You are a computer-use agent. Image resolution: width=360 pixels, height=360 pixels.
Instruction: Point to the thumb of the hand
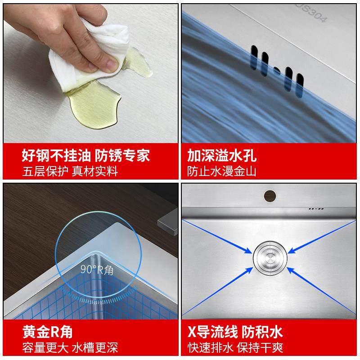(x=110, y=60)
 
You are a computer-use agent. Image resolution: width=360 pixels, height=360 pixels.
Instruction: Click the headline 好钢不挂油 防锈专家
(x=85, y=156)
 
